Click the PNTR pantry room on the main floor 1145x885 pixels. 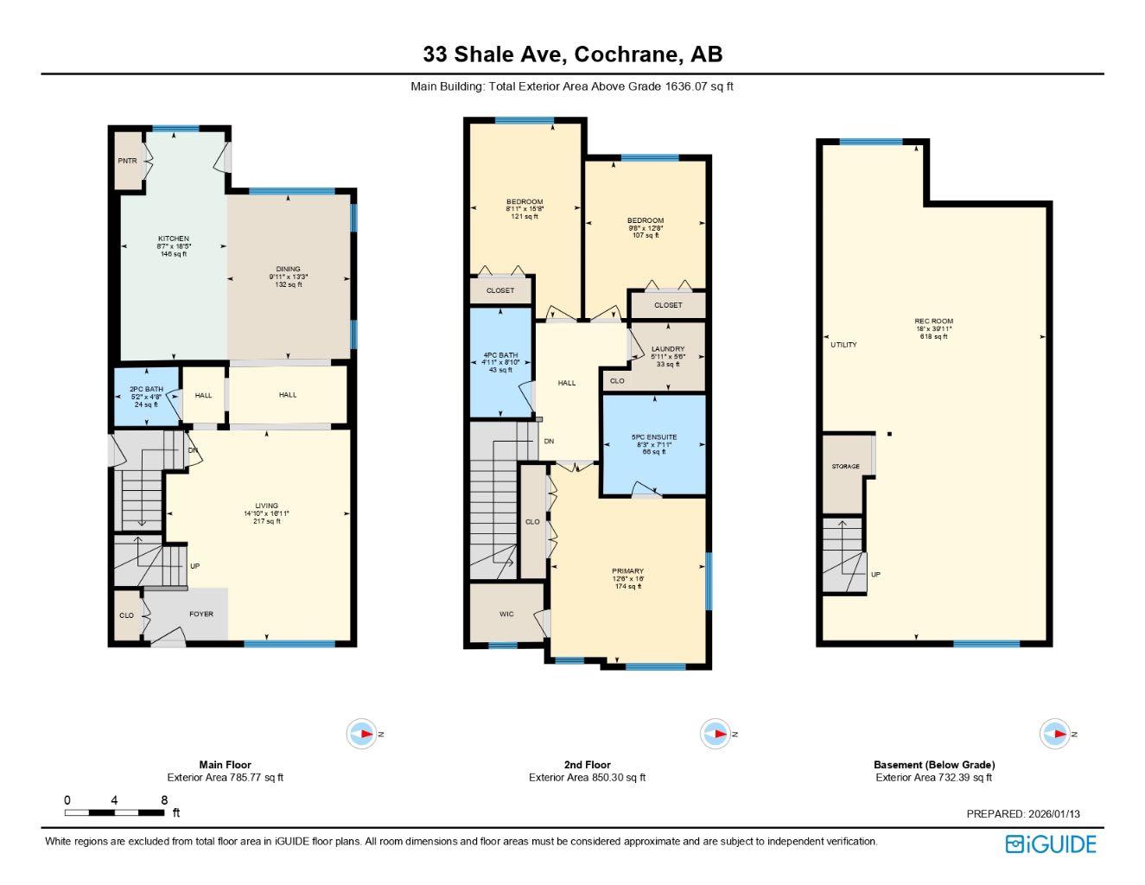click(x=128, y=161)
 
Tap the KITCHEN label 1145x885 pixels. click(x=173, y=239)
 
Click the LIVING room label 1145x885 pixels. click(x=266, y=506)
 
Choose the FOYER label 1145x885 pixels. click(x=200, y=614)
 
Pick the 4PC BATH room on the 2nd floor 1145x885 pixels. click(x=501, y=355)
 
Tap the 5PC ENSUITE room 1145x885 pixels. click(x=654, y=437)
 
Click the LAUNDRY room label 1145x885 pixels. click(x=668, y=349)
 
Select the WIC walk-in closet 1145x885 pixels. click(x=506, y=614)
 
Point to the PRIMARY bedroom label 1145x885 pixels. click(x=627, y=571)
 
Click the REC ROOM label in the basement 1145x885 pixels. click(x=933, y=322)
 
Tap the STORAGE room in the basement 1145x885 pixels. click(x=845, y=467)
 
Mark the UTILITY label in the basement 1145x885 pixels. click(x=843, y=345)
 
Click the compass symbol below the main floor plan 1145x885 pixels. click(x=364, y=734)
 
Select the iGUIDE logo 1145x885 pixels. click(x=1051, y=844)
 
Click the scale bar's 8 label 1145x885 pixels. click(x=164, y=800)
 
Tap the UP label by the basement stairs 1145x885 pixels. click(x=875, y=575)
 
